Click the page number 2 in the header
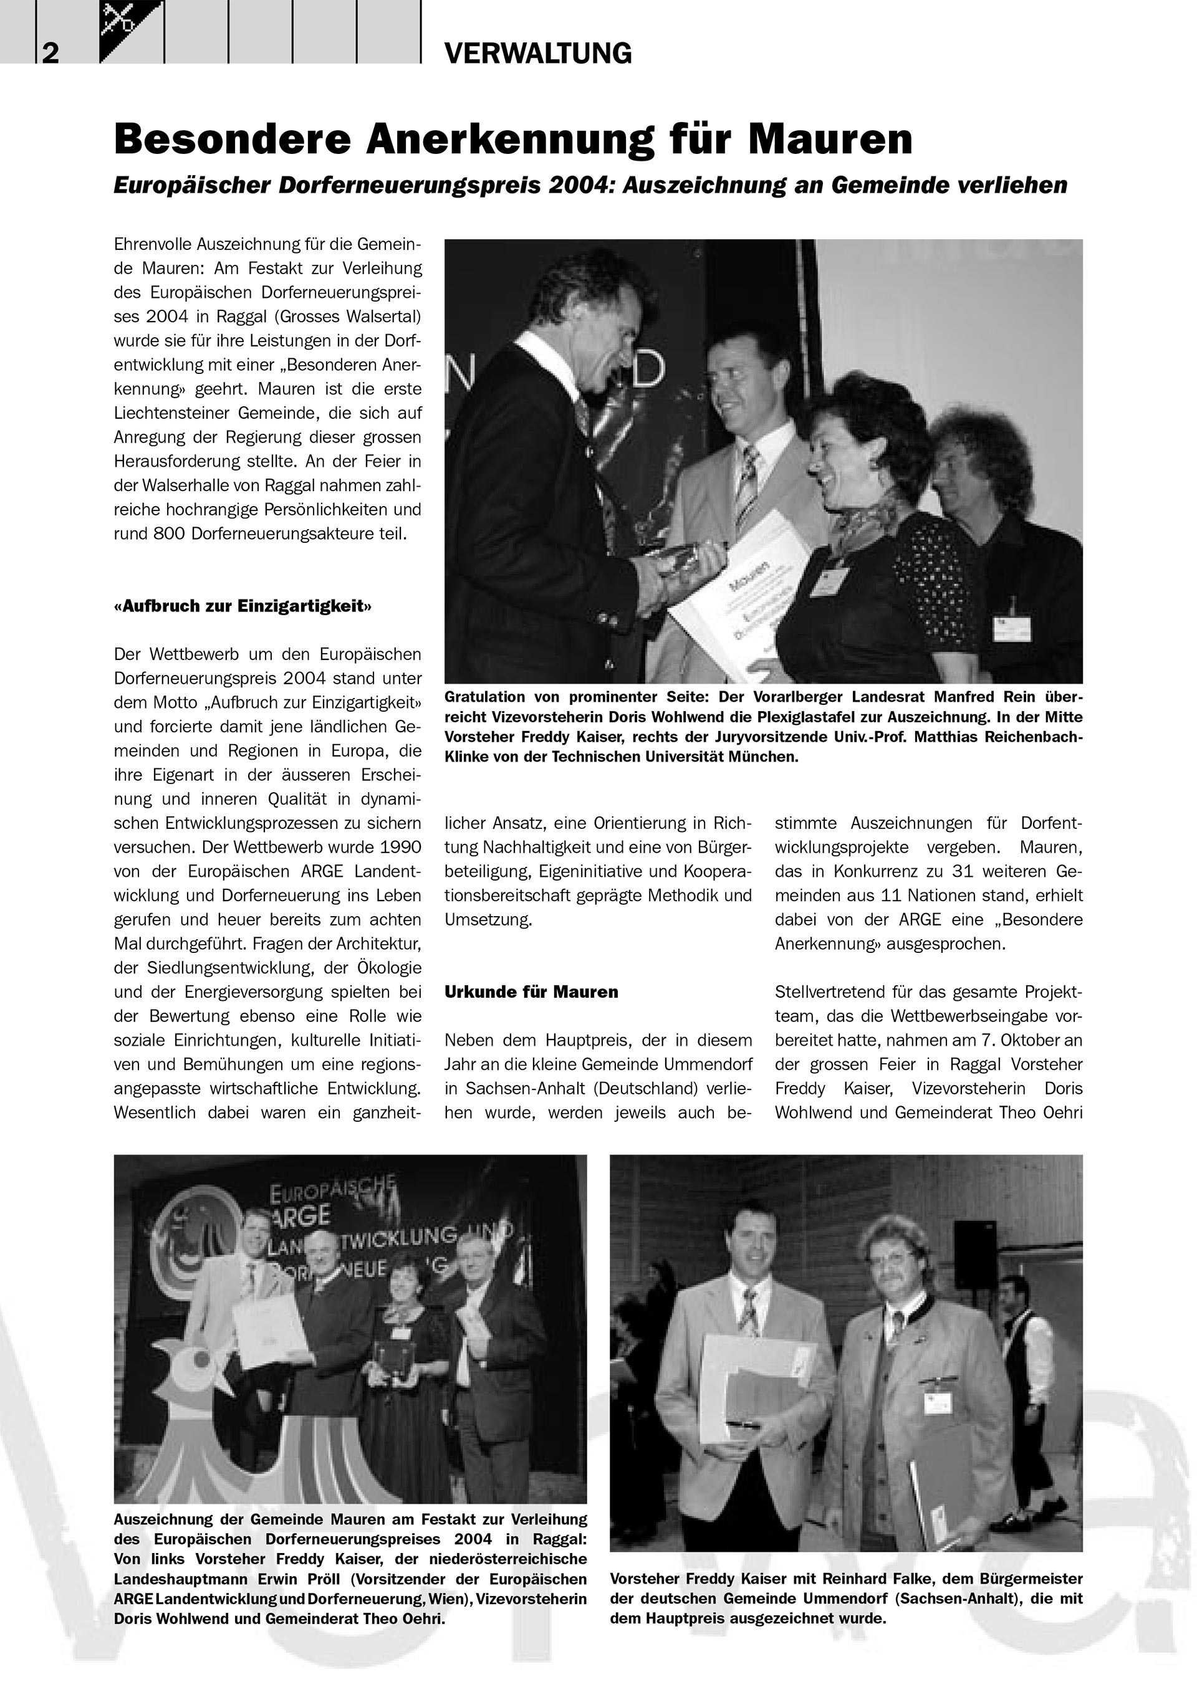pos(50,54)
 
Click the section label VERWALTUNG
pos(538,54)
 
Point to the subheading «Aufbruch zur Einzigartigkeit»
pos(243,606)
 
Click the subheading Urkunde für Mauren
pos(531,992)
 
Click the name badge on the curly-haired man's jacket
pos(1012,628)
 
